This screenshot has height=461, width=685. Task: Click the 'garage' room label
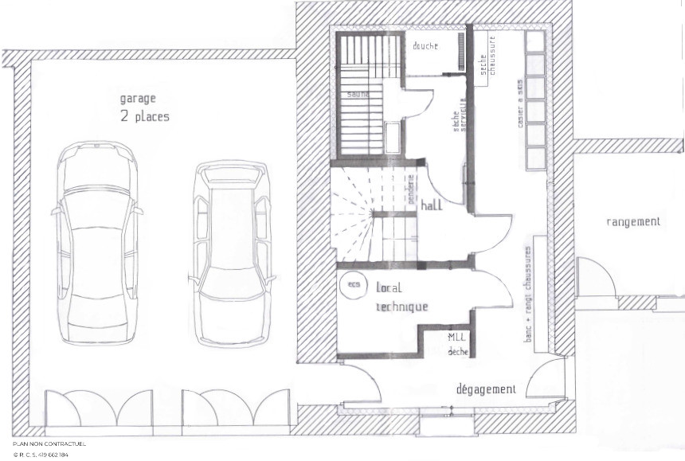tap(138, 100)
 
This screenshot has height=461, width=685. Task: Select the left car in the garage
tap(95, 242)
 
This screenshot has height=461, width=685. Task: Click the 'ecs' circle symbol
tap(350, 283)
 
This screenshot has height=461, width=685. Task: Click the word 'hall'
tap(433, 205)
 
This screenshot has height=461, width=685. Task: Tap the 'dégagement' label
tap(486, 389)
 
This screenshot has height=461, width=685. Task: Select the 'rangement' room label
tap(633, 222)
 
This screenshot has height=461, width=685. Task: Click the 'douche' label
tap(425, 46)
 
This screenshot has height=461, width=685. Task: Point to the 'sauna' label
tap(358, 93)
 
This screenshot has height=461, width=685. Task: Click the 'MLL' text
tap(456, 338)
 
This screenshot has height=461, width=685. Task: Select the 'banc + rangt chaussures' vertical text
tap(527, 295)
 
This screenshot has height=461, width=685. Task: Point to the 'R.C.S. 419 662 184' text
tap(41, 455)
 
